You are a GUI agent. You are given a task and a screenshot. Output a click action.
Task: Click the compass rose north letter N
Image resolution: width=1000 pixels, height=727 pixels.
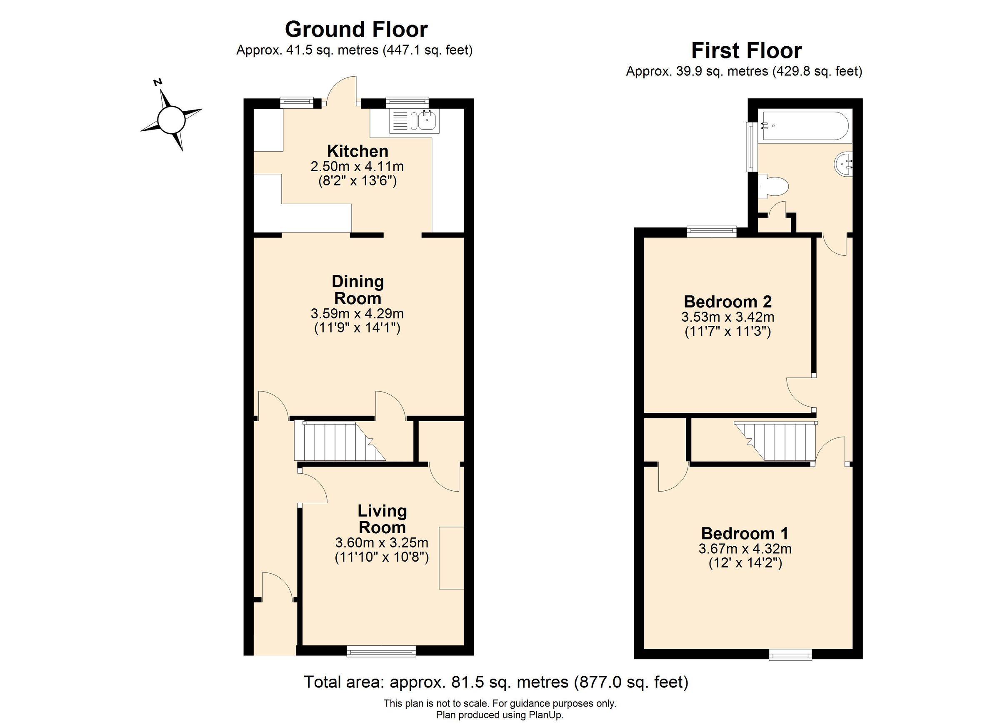158,82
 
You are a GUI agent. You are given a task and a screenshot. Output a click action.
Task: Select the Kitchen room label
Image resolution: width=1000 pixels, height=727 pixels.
357,151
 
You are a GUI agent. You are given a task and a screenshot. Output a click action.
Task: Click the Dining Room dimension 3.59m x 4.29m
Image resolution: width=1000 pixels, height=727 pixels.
357,314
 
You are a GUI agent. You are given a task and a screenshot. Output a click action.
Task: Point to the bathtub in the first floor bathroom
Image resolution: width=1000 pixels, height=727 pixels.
805,126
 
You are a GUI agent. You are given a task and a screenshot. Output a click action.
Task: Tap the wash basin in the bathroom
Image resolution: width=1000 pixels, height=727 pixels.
844,165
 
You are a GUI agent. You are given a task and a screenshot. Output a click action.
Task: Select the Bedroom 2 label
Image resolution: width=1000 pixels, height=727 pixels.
727,302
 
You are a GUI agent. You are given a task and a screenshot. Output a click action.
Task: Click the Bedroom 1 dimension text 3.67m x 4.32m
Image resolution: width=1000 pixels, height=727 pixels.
745,549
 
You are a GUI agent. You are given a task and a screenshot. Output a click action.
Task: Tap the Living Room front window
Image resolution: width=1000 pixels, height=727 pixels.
381,651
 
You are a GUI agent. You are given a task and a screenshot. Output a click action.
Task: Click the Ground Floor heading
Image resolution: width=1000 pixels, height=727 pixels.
356,30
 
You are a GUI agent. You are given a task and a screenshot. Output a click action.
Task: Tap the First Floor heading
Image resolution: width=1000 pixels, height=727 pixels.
746,51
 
